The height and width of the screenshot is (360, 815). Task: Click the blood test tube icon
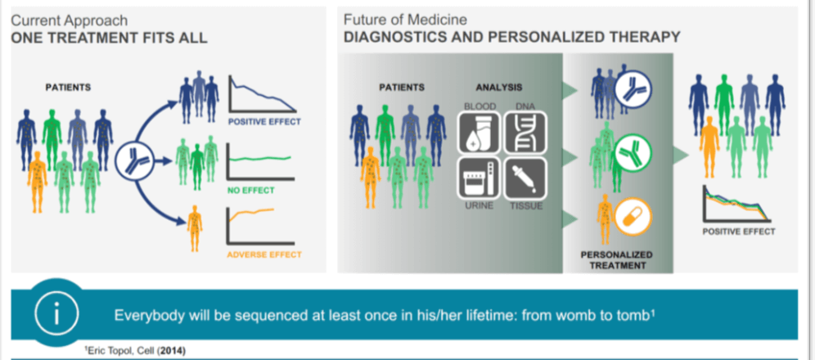476,133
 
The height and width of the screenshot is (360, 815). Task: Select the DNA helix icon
524,133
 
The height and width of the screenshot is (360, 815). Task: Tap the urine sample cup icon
476,178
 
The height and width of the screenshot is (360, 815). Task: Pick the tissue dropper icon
524,178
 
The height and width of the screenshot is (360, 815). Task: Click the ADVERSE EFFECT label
263,254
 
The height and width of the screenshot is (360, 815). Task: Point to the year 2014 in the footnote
164,350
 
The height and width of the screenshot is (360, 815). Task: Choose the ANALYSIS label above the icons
499,88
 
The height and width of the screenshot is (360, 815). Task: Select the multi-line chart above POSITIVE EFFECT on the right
738,204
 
